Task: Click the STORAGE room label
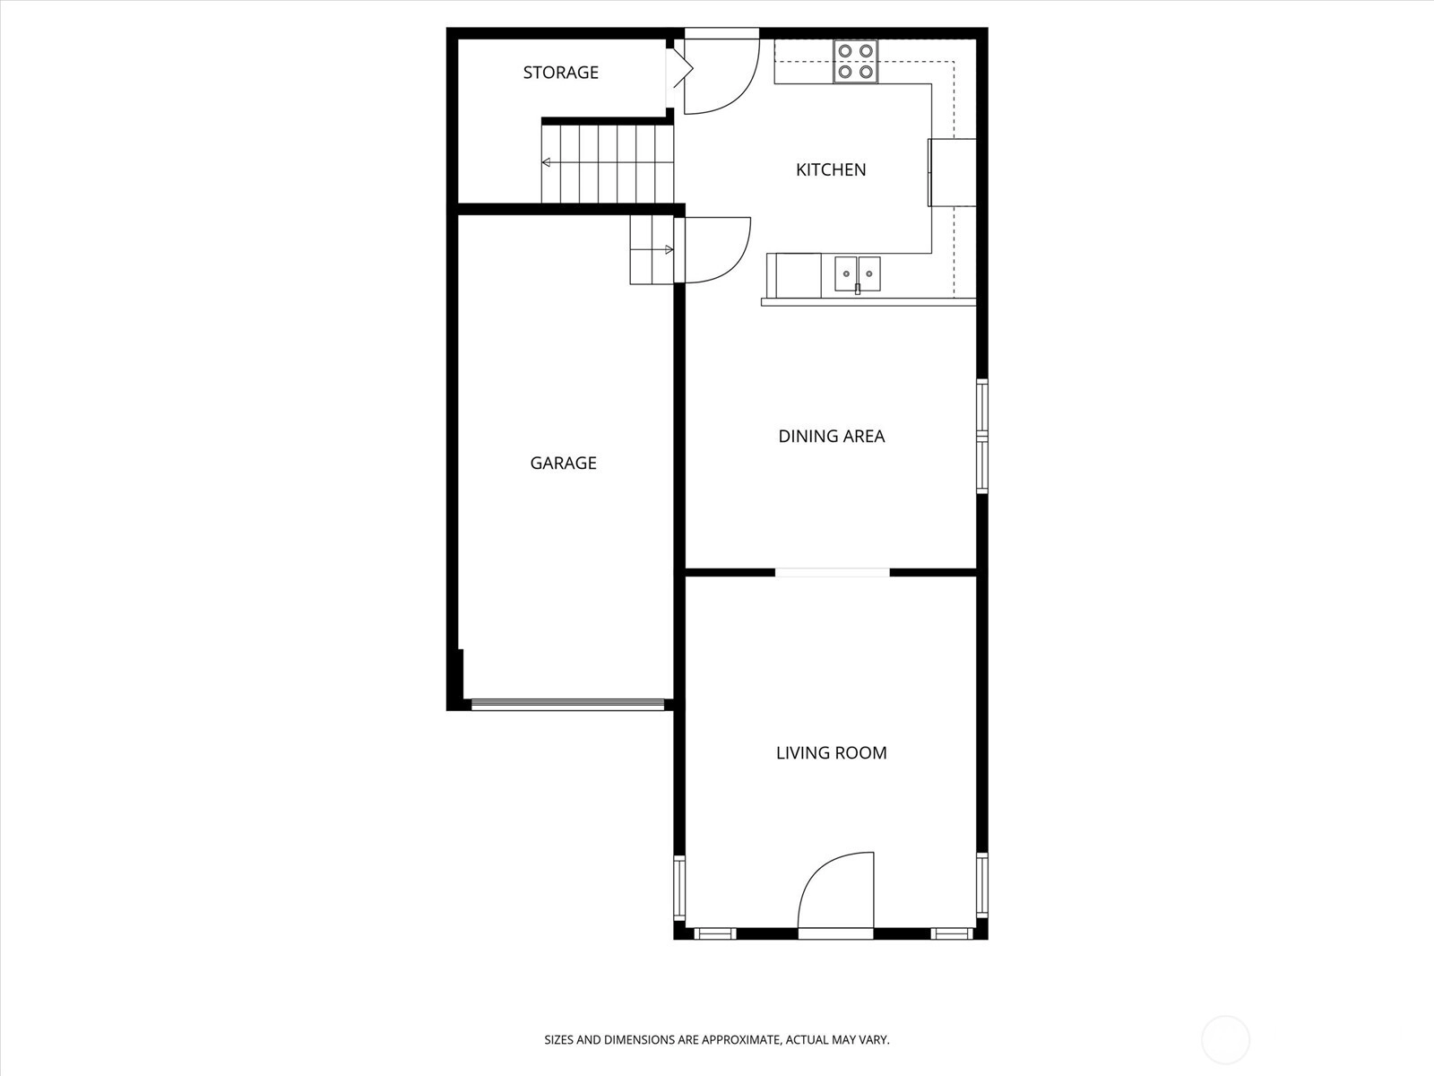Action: [x=560, y=72]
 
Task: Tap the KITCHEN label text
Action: [x=830, y=169]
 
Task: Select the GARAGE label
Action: [x=563, y=464]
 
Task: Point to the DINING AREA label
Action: [x=831, y=436]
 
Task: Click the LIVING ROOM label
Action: [x=831, y=752]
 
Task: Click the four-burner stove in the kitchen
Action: [x=855, y=61]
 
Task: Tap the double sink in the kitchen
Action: [x=857, y=273]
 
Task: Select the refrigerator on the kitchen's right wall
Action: [x=952, y=172]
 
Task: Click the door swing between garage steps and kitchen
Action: [x=735, y=260]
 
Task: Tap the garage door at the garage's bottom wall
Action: [x=567, y=704]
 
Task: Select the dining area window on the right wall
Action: [x=982, y=436]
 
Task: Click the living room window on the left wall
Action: [x=679, y=887]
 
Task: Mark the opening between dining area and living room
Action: [x=833, y=573]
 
